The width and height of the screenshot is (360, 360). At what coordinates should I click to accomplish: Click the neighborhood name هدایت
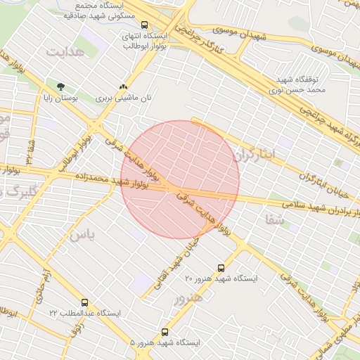pyautogui.click(x=65, y=52)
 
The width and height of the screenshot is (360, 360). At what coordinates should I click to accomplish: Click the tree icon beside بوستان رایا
pyautogui.click(x=60, y=86)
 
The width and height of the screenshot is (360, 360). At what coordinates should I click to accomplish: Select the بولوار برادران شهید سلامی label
pyautogui.click(x=314, y=205)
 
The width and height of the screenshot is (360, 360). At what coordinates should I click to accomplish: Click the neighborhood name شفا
pyautogui.click(x=275, y=218)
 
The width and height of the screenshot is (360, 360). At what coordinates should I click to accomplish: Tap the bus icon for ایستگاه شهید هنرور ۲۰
pyautogui.click(x=222, y=268)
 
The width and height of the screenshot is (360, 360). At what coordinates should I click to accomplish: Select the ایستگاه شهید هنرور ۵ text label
pyautogui.click(x=165, y=342)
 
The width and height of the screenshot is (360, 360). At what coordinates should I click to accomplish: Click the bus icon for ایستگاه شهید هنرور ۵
pyautogui.click(x=165, y=332)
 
